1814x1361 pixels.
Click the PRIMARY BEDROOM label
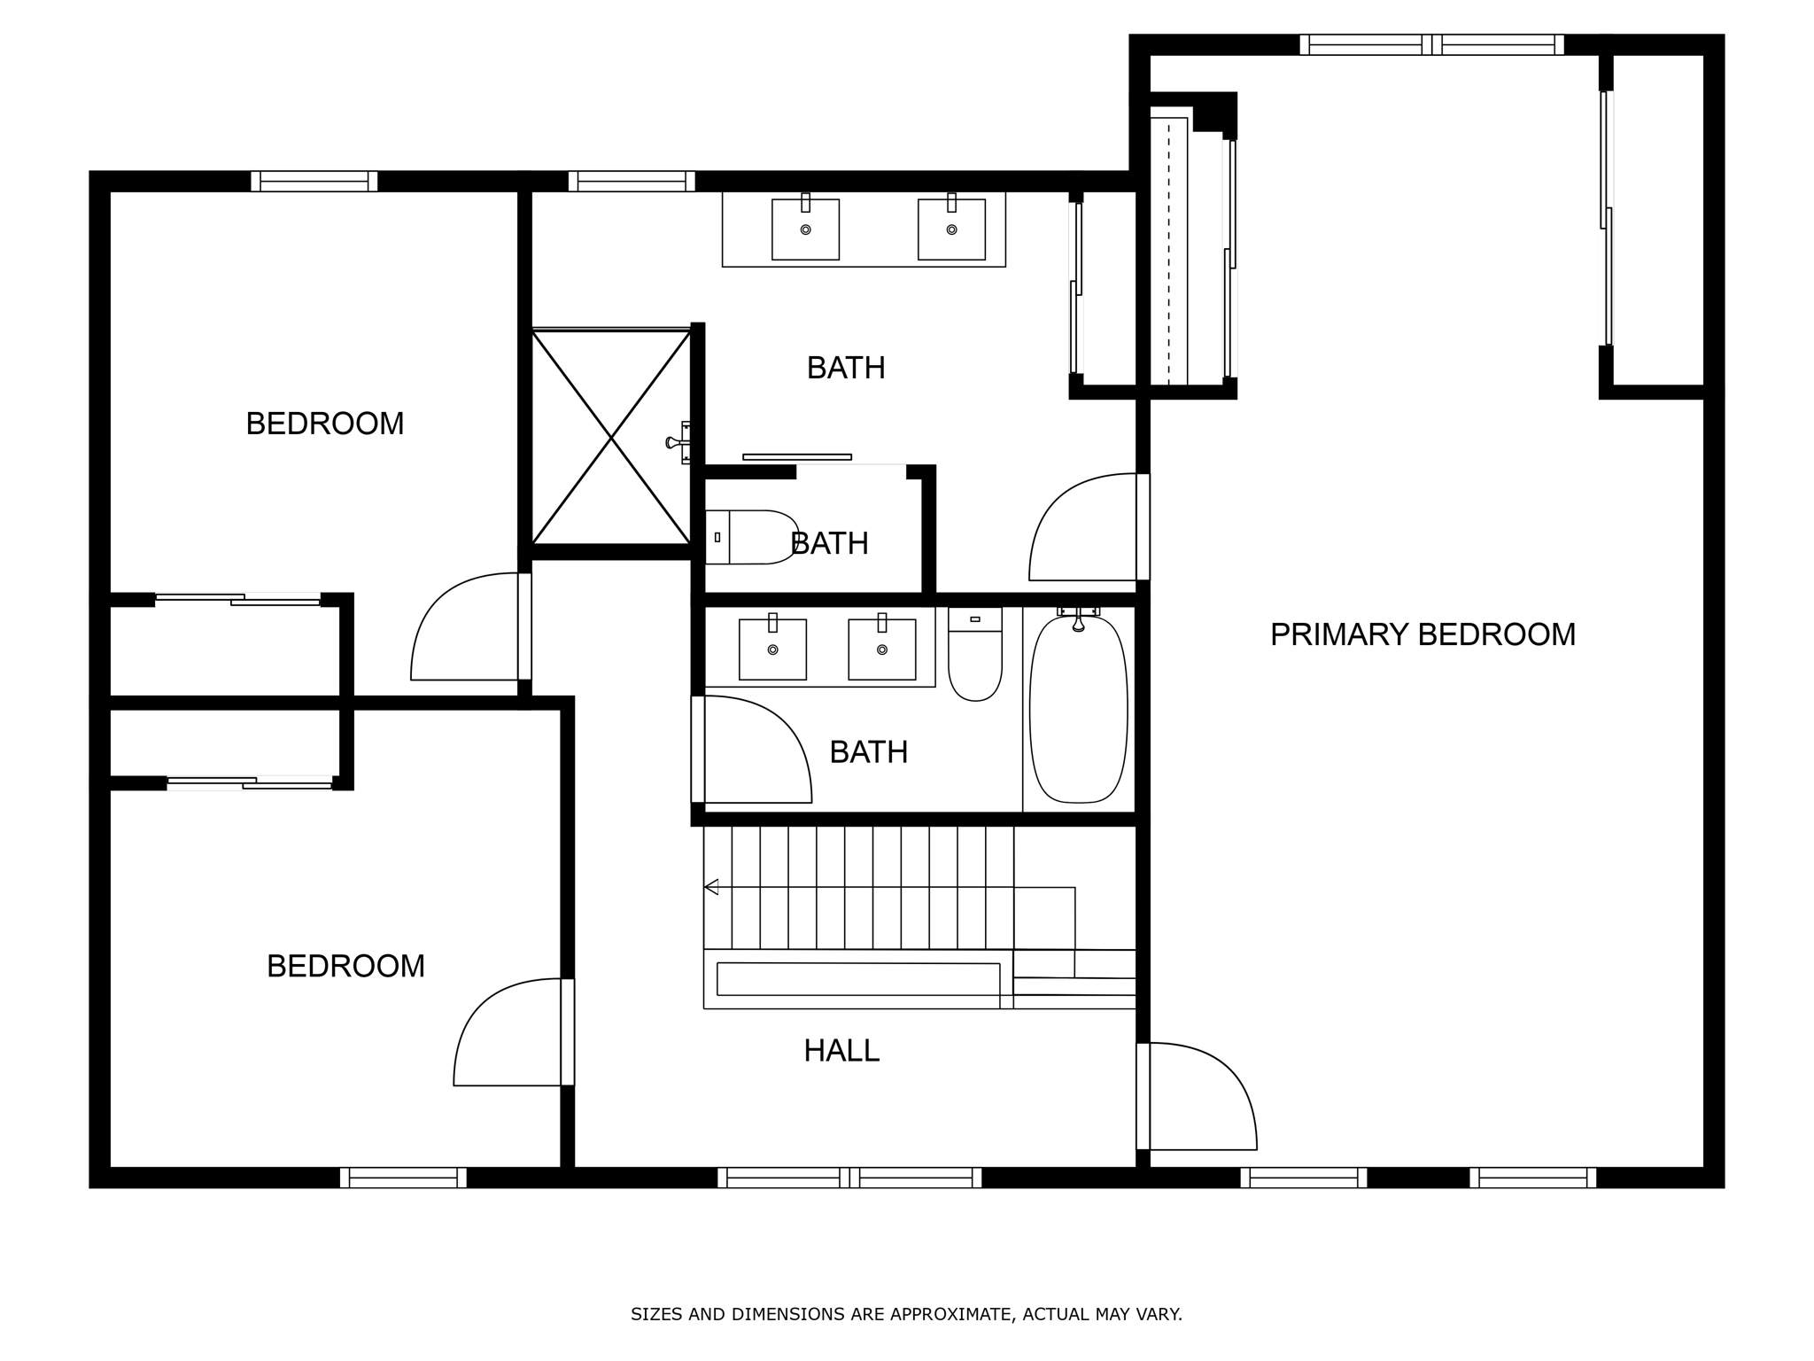click(1423, 634)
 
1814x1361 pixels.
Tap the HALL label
click(841, 1051)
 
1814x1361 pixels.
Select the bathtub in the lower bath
click(1078, 709)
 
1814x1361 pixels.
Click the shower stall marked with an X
click(611, 437)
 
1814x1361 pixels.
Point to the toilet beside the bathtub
click(974, 656)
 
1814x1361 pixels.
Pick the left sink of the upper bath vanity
click(805, 229)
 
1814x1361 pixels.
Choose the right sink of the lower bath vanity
click(881, 649)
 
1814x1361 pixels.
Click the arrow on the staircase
click(711, 887)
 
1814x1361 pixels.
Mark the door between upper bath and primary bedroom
click(1085, 529)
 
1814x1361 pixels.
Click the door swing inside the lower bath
click(753, 750)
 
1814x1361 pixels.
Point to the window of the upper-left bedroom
click(314, 182)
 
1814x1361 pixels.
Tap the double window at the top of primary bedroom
click(1431, 44)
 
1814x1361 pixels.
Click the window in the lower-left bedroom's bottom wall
click(403, 1178)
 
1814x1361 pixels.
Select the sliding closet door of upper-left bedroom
click(237, 600)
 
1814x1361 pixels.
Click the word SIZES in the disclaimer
click(656, 1314)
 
